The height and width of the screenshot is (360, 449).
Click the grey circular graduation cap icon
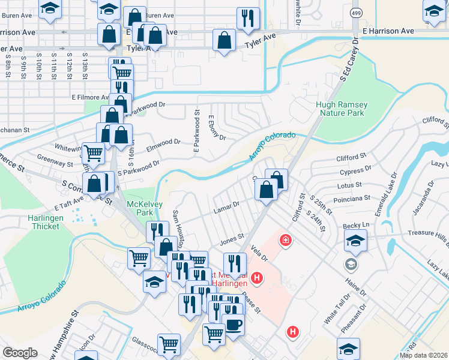pos(350,264)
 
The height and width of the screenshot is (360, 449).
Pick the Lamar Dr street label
pos(226,208)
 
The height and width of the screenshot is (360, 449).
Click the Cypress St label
pos(352,172)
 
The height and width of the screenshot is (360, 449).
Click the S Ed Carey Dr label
pos(349,59)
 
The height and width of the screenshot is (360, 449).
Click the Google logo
pos(20,352)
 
